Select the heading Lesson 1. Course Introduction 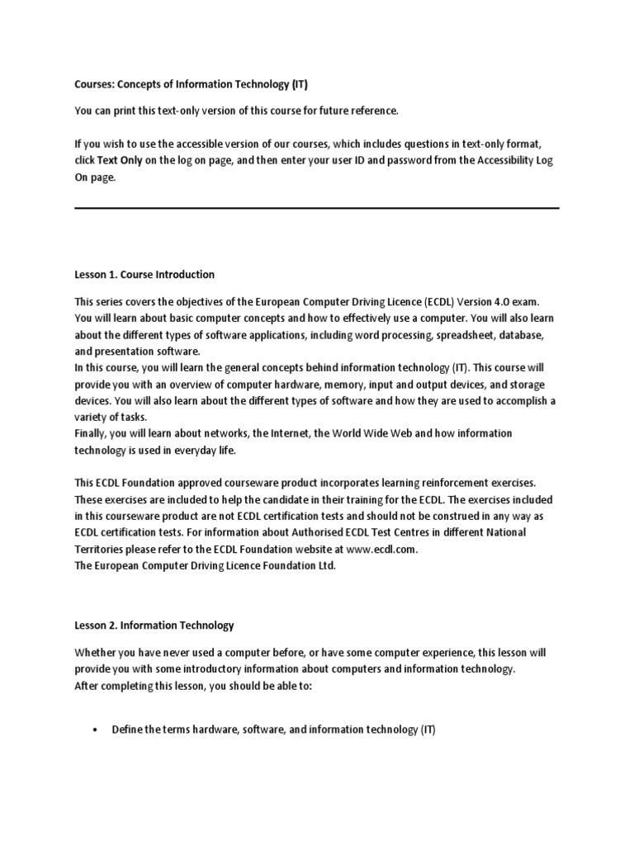click(x=144, y=274)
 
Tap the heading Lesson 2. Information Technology click(x=154, y=625)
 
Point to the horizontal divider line click(x=317, y=208)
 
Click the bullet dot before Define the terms click(x=97, y=730)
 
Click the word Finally click(x=92, y=433)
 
